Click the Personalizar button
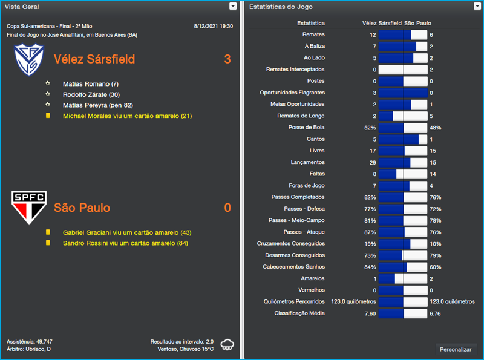point(456,349)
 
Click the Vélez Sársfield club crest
point(30,58)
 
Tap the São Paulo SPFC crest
point(30,208)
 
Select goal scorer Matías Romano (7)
point(90,84)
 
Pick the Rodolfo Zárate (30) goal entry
point(91,94)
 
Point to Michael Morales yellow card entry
point(127,116)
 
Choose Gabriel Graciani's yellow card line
point(127,232)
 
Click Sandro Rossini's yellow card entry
point(125,243)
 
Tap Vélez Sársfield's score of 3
point(227,59)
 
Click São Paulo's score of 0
point(227,208)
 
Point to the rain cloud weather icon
point(227,345)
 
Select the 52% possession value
point(370,128)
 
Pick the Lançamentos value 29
point(372,162)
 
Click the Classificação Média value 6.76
point(436,313)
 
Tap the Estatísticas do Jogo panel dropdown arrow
point(477,6)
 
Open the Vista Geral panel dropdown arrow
point(233,6)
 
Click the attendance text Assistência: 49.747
point(29,341)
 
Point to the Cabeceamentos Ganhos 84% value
point(370,267)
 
